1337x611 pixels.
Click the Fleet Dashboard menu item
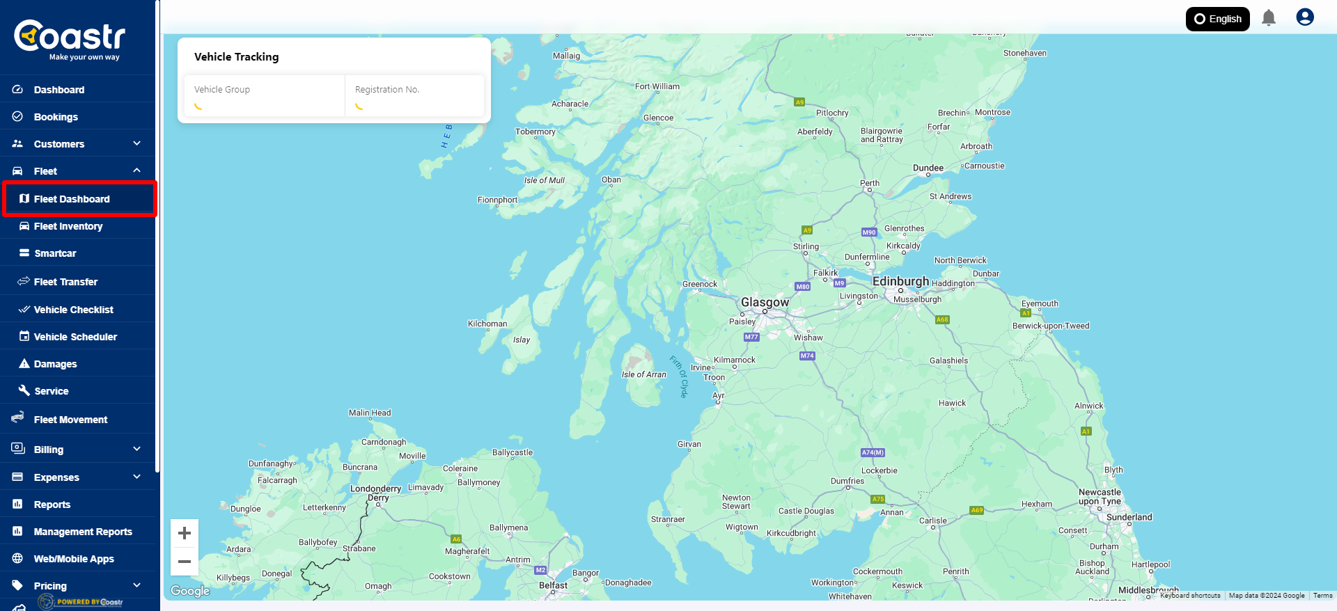click(x=72, y=199)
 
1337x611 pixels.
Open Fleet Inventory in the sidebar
click(x=68, y=226)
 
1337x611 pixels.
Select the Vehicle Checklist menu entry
click(x=73, y=310)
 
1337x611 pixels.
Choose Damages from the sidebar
click(x=55, y=364)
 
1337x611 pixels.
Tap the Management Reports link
click(x=83, y=532)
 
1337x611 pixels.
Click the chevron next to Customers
click(x=136, y=143)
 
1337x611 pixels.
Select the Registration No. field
click(x=414, y=96)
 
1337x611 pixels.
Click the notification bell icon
click(x=1269, y=18)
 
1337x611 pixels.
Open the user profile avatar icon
click(x=1304, y=17)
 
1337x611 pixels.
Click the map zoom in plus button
click(x=185, y=534)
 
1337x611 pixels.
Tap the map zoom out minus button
click(x=185, y=562)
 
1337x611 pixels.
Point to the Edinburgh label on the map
click(x=900, y=281)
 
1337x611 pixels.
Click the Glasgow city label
click(x=765, y=302)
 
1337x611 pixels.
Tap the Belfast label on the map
click(x=553, y=585)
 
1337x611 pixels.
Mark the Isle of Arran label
click(x=643, y=374)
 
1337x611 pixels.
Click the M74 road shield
click(x=807, y=356)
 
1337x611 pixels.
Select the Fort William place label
click(x=657, y=86)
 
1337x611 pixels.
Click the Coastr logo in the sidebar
click(x=70, y=39)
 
